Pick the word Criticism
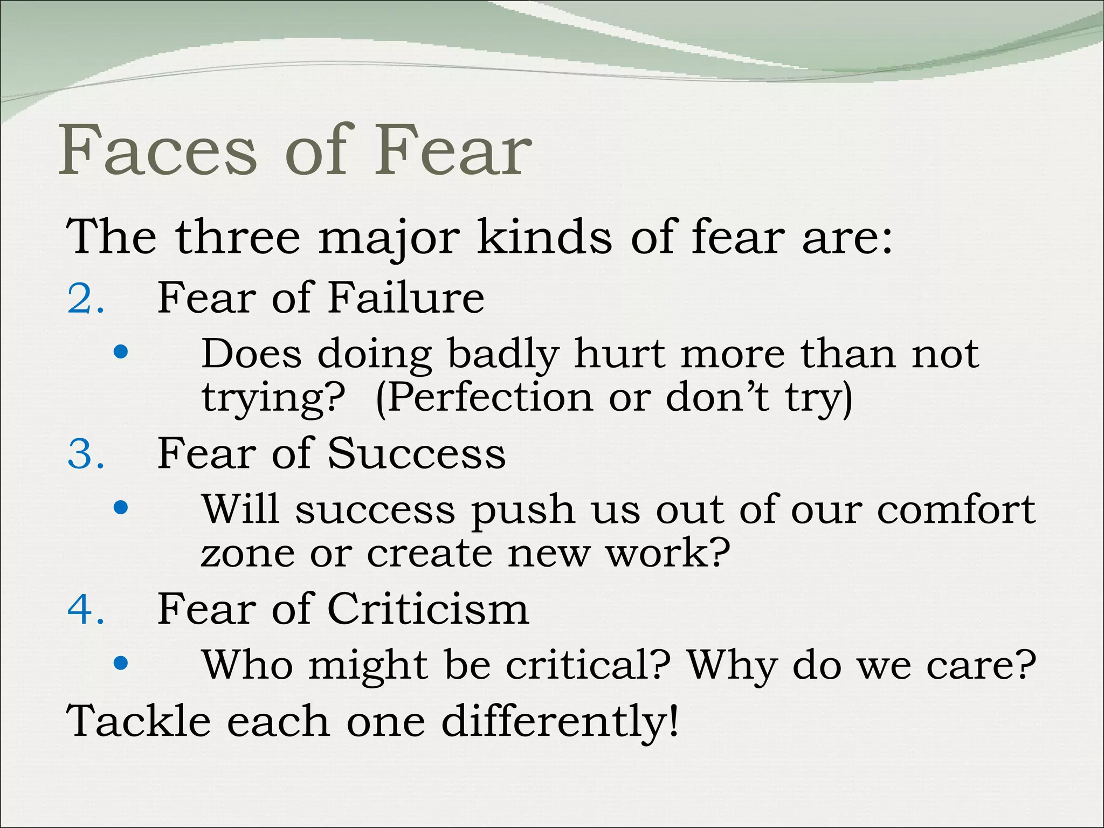pyautogui.click(x=428, y=609)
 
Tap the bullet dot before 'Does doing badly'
pyautogui.click(x=121, y=352)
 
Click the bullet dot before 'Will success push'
pyautogui.click(x=121, y=507)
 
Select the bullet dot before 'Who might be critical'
pyautogui.click(x=121, y=663)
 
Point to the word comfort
pyautogui.click(x=955, y=509)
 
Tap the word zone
pyautogui.click(x=248, y=553)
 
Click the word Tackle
pyautogui.click(x=138, y=721)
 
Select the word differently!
pyautogui.click(x=560, y=722)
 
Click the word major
pyautogui.click(x=389, y=238)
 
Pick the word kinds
pyautogui.click(x=544, y=237)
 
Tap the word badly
pyautogui.click(x=503, y=355)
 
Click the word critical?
pyautogui.click(x=588, y=664)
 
